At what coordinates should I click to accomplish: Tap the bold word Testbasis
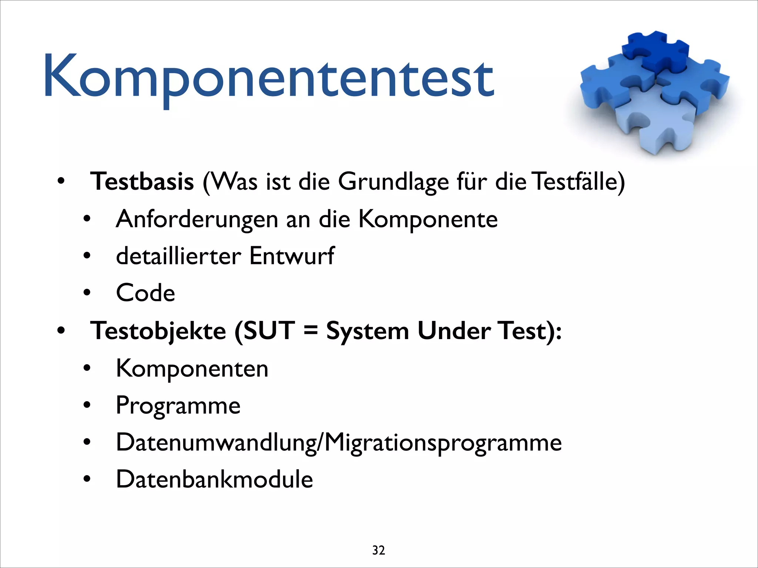[x=142, y=182]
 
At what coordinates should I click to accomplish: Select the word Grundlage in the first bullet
[x=393, y=182]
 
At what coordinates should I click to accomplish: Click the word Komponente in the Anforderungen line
[x=428, y=220]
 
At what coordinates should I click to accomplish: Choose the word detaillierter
[x=178, y=256]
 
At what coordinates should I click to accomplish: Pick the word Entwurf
[x=292, y=256]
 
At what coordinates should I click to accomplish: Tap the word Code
[x=145, y=293]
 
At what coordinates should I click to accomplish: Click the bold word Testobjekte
[x=158, y=331]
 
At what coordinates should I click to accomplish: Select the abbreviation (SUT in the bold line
[x=265, y=331]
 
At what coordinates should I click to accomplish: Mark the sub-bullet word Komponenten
[x=192, y=368]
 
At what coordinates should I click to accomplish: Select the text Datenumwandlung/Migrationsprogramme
[x=339, y=443]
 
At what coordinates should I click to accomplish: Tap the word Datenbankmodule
[x=214, y=479]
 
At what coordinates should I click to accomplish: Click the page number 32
[x=379, y=550]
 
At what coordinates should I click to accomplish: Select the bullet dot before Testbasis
[x=61, y=182]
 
